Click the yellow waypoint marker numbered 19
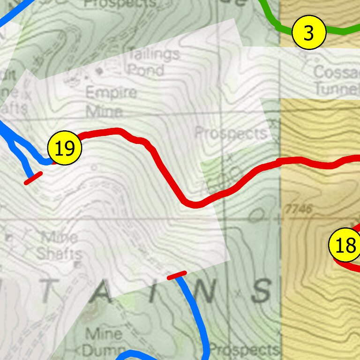[x=65, y=148]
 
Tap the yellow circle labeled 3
[x=308, y=33]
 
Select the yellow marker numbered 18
[x=345, y=245]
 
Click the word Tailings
[x=154, y=55]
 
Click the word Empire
[x=111, y=93]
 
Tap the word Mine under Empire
[x=104, y=112]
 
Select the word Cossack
[x=336, y=73]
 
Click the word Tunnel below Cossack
[x=337, y=88]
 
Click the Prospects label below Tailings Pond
[x=231, y=133]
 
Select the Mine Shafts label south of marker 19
[x=59, y=246]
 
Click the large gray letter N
[x=205, y=292]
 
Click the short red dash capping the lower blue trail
[x=177, y=275]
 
